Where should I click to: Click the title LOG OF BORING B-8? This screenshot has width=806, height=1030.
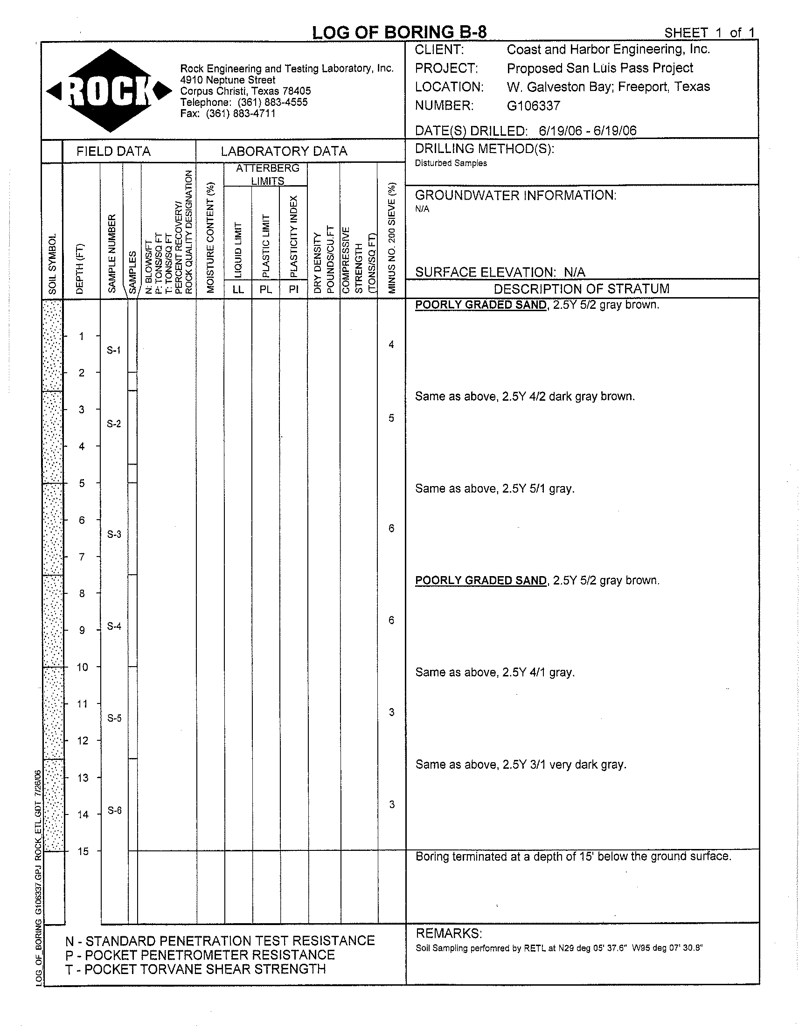[399, 32]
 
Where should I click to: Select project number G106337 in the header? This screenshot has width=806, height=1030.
[533, 106]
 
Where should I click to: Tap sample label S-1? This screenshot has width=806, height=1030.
[113, 350]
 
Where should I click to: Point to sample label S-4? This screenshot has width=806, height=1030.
[114, 626]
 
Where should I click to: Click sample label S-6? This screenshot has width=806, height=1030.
[115, 810]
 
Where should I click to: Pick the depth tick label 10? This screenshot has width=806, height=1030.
[83, 667]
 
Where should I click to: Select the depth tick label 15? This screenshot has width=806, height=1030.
[83, 851]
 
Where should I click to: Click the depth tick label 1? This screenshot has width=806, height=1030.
[82, 336]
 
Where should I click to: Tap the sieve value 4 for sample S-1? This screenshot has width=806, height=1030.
[391, 344]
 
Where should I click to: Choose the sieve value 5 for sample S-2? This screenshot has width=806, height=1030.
[391, 418]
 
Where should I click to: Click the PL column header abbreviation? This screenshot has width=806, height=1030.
[266, 289]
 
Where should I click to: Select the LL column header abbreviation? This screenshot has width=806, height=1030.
[238, 289]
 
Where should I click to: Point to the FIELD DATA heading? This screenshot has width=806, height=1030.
[113, 152]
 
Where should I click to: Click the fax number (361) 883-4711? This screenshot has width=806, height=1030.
[240, 113]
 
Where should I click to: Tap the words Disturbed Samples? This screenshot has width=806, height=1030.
[451, 163]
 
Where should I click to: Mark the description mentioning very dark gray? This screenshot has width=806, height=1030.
[521, 765]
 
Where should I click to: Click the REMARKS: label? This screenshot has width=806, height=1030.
[448, 933]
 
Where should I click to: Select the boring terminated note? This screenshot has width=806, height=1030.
[573, 856]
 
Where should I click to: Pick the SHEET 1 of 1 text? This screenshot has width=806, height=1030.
[709, 33]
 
